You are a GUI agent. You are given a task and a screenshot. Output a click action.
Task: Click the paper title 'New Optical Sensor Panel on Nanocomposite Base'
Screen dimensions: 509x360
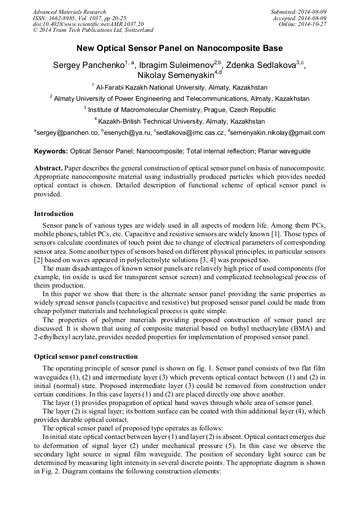click(179, 48)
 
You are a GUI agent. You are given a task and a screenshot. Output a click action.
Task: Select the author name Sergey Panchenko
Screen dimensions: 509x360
click(88, 65)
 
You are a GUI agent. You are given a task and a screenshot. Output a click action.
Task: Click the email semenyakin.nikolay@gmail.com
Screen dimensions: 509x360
click(278, 133)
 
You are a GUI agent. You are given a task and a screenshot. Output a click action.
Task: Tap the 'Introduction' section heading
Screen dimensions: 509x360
click(54, 214)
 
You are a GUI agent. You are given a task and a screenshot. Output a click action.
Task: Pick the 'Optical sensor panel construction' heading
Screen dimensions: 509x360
click(85, 357)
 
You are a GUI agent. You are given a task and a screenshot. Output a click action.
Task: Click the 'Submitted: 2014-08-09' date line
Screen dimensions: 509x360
click(298, 12)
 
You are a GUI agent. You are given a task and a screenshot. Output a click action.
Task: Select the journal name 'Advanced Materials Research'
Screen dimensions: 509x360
click(69, 12)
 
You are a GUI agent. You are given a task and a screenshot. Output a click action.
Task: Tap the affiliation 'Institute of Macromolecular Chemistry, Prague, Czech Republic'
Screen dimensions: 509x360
click(182, 110)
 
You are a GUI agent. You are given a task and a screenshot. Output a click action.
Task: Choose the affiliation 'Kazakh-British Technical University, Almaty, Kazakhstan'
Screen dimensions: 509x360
click(182, 122)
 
